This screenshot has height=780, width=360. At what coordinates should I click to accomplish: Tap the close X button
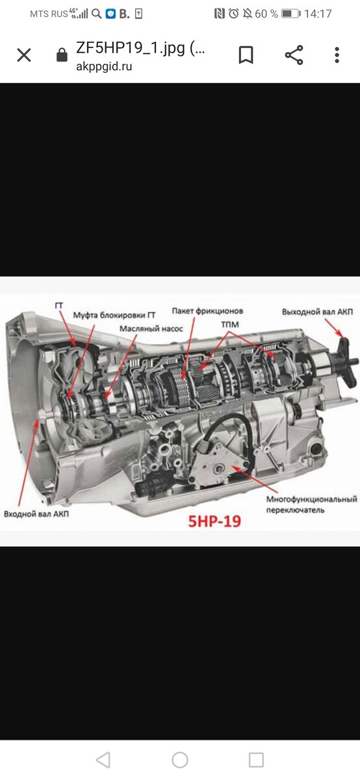click(24, 55)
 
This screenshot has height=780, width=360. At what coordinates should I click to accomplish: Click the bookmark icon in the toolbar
click(246, 55)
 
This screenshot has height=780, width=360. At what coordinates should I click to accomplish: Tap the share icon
click(294, 55)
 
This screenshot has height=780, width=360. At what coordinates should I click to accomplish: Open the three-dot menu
click(337, 55)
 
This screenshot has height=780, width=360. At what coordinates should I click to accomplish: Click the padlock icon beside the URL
click(62, 55)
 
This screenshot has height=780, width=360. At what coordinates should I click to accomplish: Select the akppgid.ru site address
click(104, 66)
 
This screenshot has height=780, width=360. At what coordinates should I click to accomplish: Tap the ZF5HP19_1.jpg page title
click(140, 48)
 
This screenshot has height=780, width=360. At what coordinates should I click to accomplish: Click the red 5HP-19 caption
click(214, 521)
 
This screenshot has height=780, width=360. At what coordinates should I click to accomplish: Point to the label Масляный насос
click(151, 329)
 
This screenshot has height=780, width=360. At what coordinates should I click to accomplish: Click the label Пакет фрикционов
click(207, 311)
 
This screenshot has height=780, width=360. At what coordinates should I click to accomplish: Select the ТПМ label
click(230, 324)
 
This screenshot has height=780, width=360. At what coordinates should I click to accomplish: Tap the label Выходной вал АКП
click(317, 311)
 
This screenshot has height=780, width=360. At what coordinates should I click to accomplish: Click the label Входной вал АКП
click(36, 513)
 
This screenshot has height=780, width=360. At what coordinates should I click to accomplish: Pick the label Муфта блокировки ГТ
click(114, 315)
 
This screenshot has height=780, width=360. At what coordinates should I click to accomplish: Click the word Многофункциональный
click(312, 499)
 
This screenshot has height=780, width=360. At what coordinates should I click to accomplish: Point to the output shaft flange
click(344, 362)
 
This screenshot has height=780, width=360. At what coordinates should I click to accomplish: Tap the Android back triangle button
click(103, 759)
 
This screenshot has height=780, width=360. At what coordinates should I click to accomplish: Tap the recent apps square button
click(256, 759)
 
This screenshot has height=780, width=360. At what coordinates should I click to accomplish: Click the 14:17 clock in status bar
click(318, 14)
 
